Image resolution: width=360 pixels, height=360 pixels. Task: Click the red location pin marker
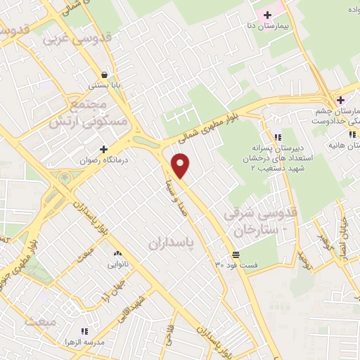181,165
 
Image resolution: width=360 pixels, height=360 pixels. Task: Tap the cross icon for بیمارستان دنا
267,15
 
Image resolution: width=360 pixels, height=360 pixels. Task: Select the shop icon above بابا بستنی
105,74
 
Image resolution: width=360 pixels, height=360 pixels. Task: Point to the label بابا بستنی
105,85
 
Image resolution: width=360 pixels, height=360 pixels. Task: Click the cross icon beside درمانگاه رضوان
104,149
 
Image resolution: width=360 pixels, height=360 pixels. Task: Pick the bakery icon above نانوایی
117,253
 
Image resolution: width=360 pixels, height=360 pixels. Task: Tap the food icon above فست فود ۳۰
235,254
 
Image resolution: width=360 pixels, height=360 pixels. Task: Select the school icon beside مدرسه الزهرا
85,330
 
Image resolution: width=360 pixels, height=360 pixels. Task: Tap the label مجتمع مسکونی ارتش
78,112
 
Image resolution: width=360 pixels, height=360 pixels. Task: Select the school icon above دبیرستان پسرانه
278,136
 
